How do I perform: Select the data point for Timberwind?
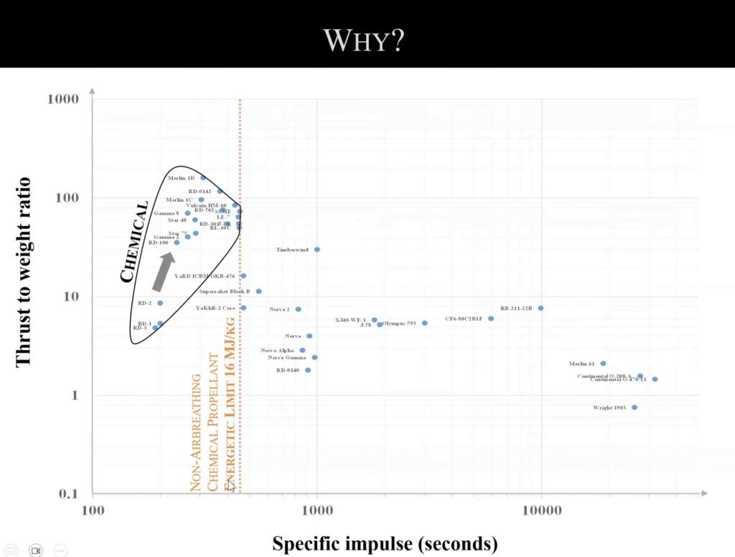click(x=317, y=250)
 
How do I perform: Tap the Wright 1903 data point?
click(x=635, y=408)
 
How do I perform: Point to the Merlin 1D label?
click(x=181, y=178)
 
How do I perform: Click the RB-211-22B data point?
click(x=540, y=308)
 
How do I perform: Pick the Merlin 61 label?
click(x=582, y=364)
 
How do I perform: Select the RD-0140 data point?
click(x=308, y=370)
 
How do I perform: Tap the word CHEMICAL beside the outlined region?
click(x=136, y=240)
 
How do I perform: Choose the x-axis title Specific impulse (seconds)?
click(x=385, y=543)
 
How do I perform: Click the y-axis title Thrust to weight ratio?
click(x=24, y=272)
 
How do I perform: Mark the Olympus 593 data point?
click(x=425, y=323)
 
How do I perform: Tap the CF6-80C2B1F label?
click(x=464, y=319)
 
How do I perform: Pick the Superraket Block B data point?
click(x=258, y=291)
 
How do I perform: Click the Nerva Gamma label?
click(x=286, y=357)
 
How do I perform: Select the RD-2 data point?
click(x=160, y=303)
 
